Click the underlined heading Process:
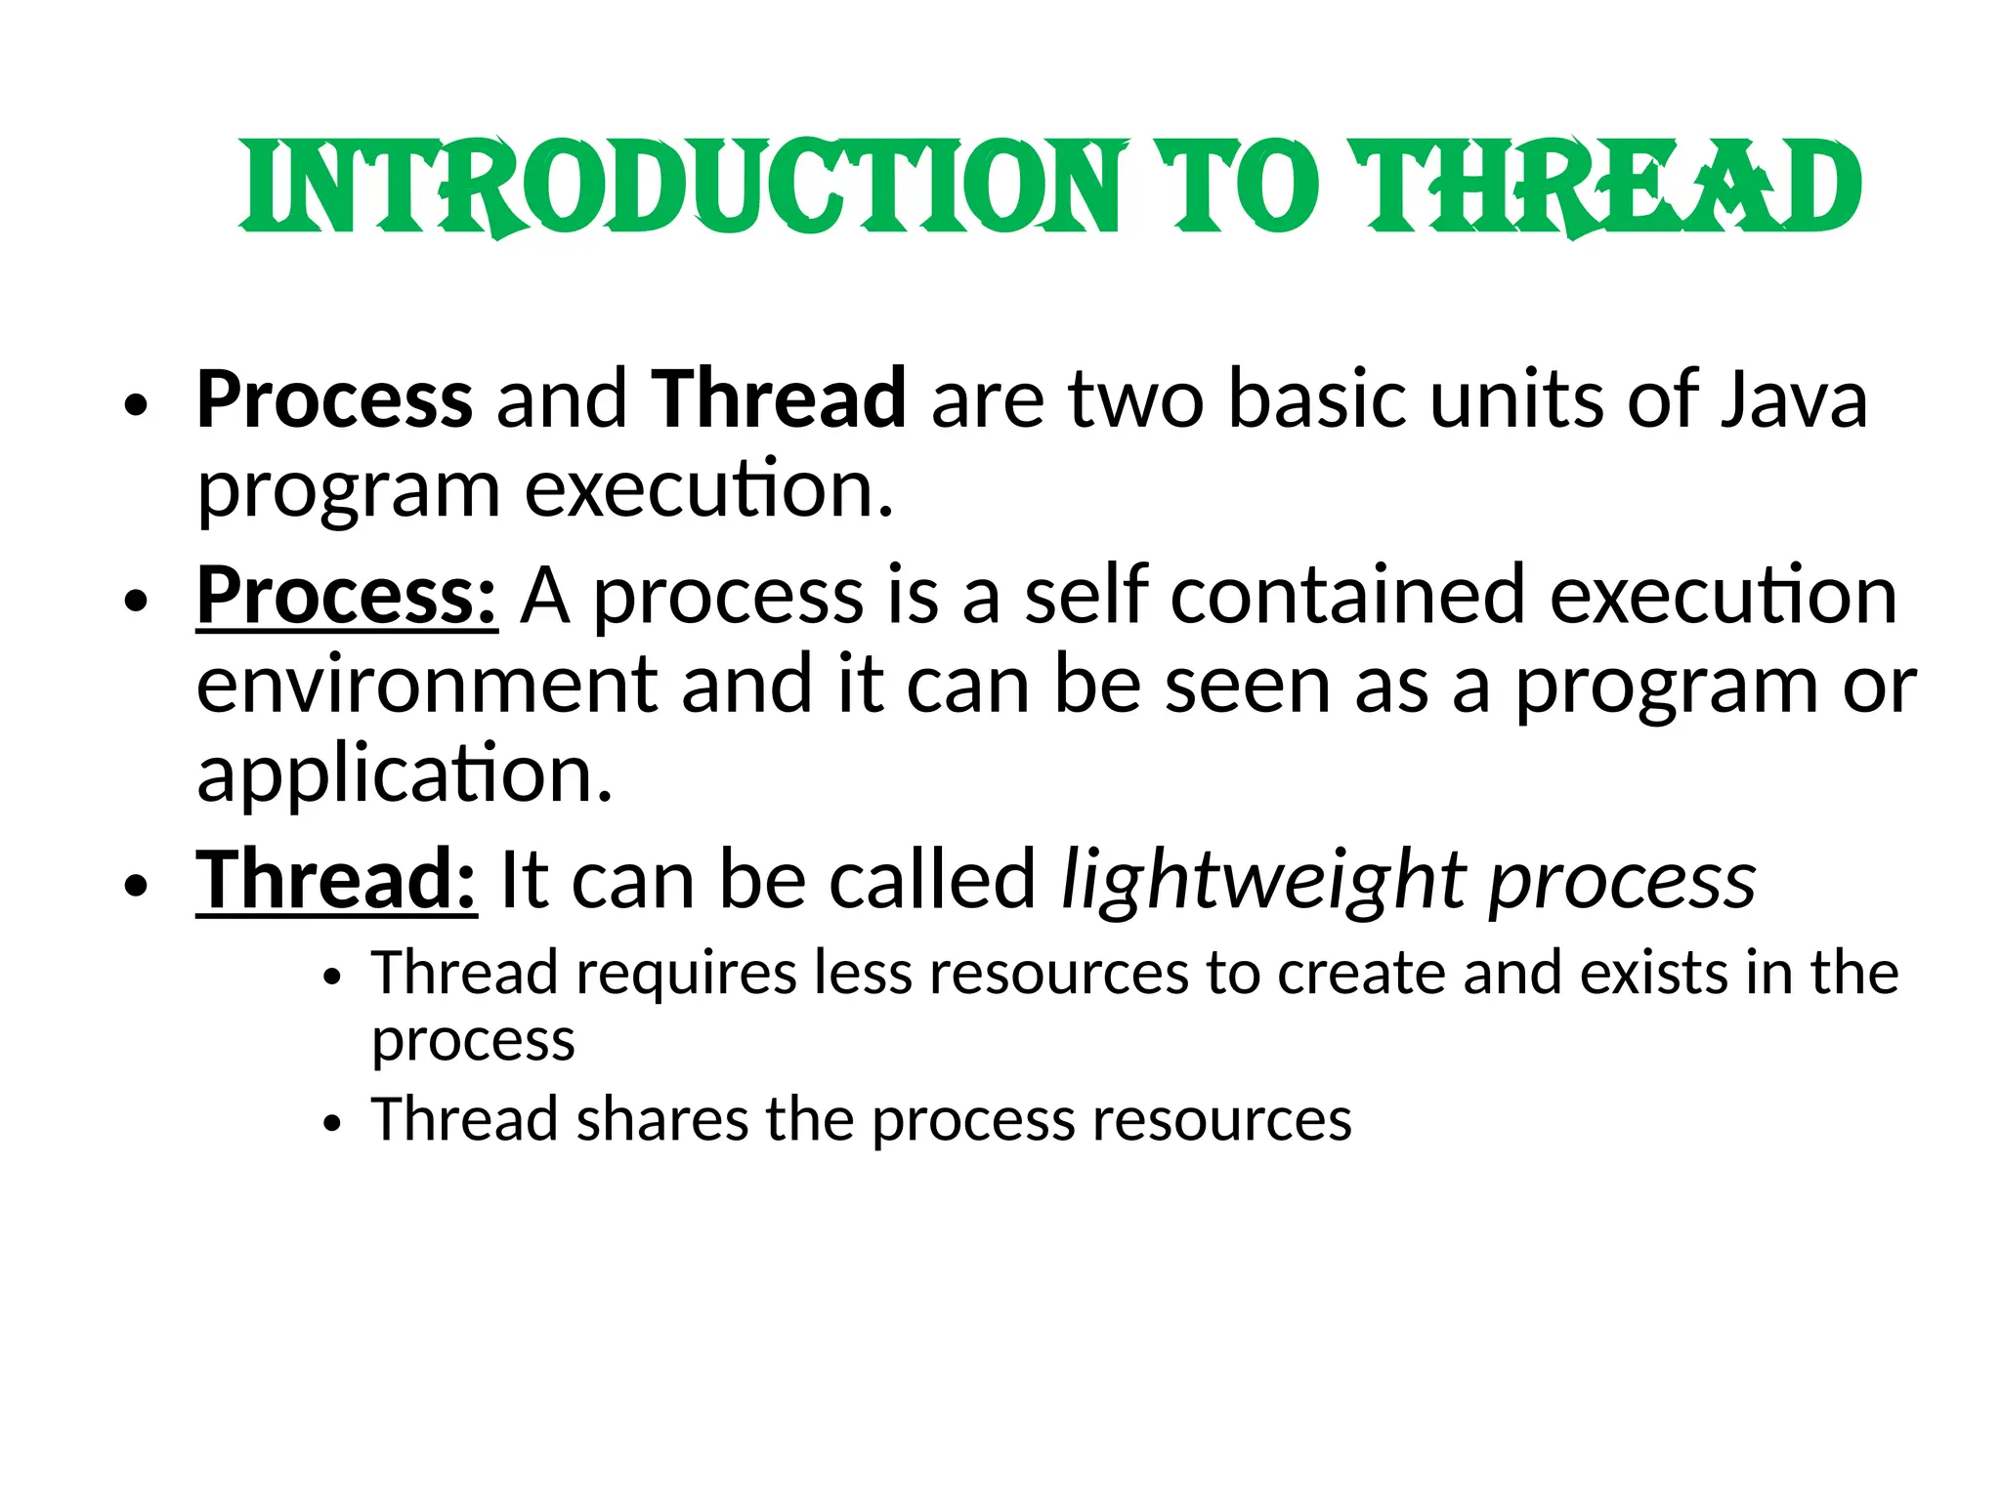(x=347, y=595)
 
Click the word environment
(x=426, y=685)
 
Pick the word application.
(x=404, y=773)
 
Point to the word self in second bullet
(x=1085, y=595)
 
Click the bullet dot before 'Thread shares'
(x=333, y=1123)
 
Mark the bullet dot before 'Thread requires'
(x=333, y=977)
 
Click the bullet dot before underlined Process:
(x=136, y=600)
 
